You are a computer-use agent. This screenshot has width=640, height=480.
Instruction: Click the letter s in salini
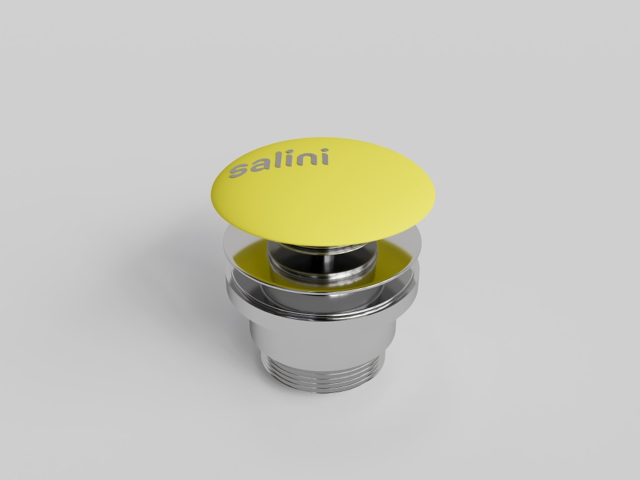[x=238, y=170]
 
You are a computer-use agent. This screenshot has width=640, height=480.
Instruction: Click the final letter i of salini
[x=324, y=157]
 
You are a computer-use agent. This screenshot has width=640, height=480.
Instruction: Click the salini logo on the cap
[x=279, y=163]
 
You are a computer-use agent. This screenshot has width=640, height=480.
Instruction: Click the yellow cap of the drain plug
[x=323, y=192]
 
